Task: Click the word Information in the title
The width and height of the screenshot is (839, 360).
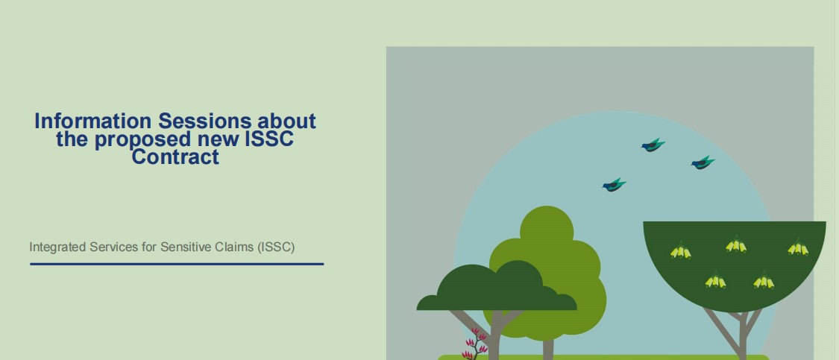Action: point(94,121)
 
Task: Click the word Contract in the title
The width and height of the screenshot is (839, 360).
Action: point(175,157)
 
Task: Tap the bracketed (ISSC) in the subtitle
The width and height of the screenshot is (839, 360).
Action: point(275,247)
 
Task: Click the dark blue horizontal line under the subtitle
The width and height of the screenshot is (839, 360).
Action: point(177,264)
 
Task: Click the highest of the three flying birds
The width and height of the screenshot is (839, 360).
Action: point(653,145)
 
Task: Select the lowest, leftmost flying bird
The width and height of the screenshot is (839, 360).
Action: point(614,185)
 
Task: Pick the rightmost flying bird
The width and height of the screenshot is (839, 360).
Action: point(703,162)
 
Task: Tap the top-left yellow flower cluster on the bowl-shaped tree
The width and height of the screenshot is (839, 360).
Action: point(681,250)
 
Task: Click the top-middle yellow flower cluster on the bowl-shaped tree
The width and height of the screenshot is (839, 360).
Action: point(736,244)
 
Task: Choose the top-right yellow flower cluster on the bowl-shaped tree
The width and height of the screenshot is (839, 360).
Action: point(798,247)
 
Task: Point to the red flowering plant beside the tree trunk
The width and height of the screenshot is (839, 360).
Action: point(474,344)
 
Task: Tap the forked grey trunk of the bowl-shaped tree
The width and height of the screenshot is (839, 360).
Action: point(742,335)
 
